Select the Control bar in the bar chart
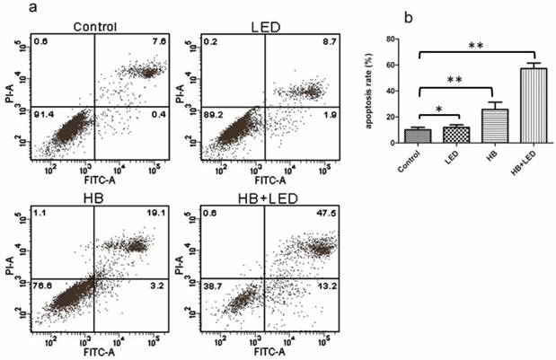pos(418,136)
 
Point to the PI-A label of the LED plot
pos(182,90)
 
